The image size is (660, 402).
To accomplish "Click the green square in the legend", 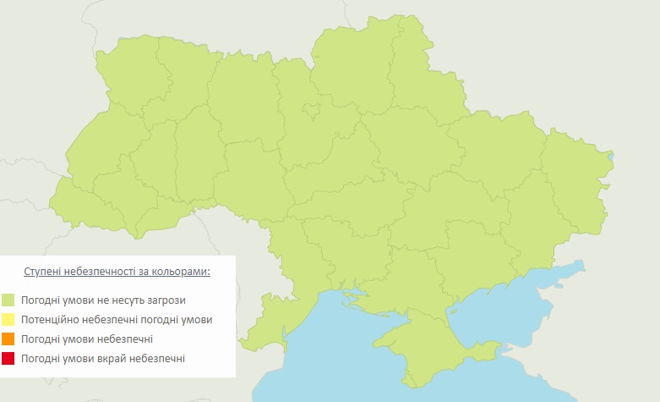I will [8, 300].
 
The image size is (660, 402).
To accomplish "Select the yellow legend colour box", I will [8, 319].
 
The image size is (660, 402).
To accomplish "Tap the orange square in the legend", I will [8, 339].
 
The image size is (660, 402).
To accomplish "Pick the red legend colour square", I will [8, 359].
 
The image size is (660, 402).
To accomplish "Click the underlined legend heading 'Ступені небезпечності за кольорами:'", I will [117, 272].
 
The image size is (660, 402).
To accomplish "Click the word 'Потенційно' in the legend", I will [50, 319].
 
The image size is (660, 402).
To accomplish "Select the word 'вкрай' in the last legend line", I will [106, 359].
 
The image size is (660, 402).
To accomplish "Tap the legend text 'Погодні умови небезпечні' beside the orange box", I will [87, 339].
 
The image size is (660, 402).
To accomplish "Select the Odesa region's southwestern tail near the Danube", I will [262, 326].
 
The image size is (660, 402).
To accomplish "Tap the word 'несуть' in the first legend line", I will [127, 300].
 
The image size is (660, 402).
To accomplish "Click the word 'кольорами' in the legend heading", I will [181, 272].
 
